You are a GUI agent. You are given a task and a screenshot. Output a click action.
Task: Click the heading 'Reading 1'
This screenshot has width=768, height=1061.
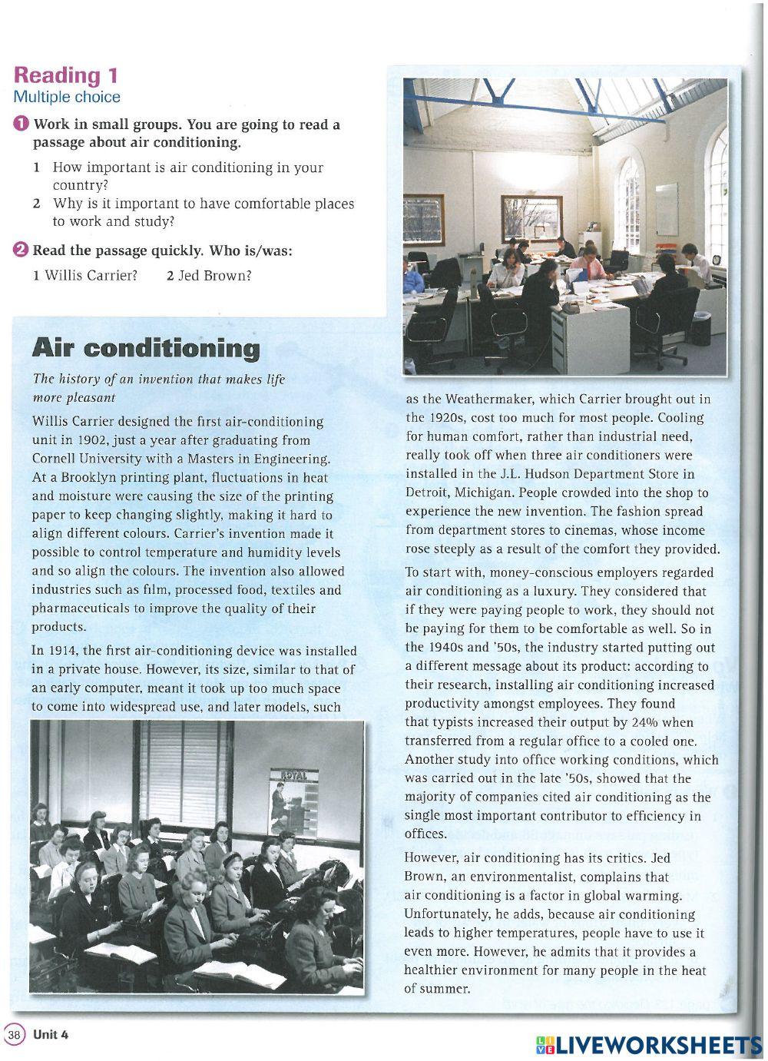tap(66, 75)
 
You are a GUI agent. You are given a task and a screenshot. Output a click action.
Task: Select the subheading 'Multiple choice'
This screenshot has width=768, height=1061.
tap(67, 97)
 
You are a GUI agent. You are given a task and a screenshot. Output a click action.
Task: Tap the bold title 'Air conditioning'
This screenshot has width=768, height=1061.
tap(146, 349)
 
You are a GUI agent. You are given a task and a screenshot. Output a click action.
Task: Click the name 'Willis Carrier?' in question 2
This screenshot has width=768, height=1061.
tap(91, 274)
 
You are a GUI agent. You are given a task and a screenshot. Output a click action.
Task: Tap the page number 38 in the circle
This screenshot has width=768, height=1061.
tap(14, 1034)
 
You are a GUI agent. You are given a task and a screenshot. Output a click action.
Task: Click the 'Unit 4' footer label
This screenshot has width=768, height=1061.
tap(51, 1034)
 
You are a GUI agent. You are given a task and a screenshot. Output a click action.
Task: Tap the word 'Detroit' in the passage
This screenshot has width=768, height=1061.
tap(428, 492)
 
